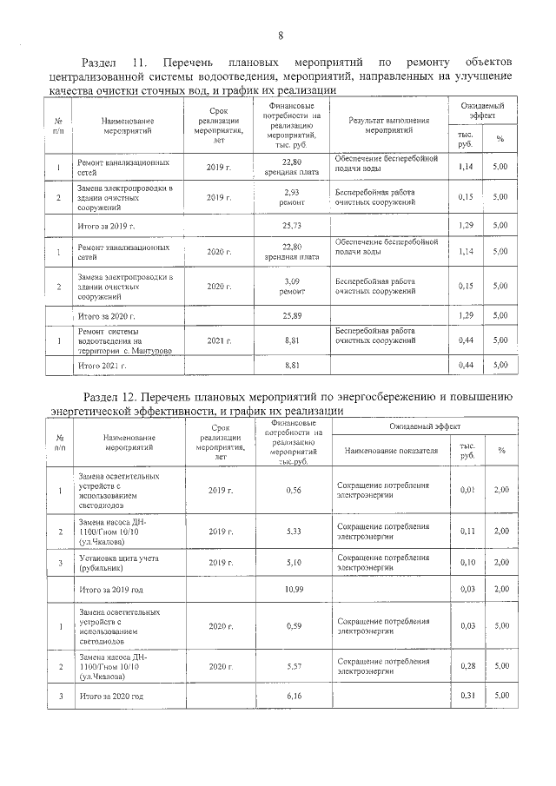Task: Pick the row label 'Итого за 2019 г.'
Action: [x=107, y=225]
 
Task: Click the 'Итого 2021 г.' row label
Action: [x=103, y=367]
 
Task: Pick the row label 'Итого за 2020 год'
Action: [x=110, y=697]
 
